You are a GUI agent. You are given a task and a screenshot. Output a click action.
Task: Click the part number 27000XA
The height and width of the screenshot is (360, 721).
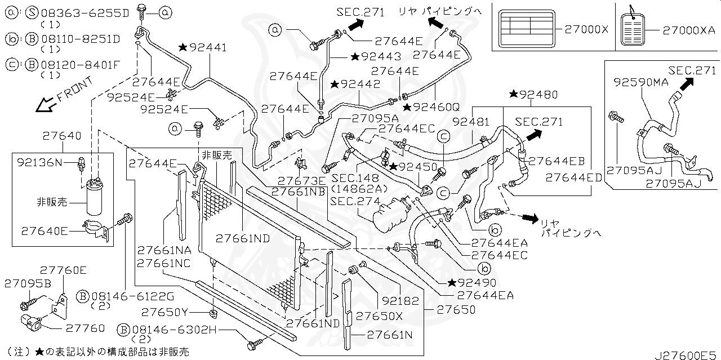pyautogui.click(x=689, y=30)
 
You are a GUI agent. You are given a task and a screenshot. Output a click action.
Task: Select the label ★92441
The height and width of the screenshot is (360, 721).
pyautogui.click(x=203, y=48)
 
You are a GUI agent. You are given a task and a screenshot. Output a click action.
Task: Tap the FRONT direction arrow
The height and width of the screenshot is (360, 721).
pyautogui.click(x=45, y=105)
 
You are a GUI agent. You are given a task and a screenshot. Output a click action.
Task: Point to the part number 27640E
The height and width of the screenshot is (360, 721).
pyautogui.click(x=44, y=231)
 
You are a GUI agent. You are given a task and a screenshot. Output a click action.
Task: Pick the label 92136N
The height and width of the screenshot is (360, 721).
pyautogui.click(x=39, y=162)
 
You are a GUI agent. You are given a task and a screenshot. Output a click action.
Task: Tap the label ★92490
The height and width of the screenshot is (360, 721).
pyautogui.click(x=472, y=283)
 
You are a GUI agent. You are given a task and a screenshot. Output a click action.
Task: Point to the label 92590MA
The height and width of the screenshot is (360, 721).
pyautogui.click(x=641, y=82)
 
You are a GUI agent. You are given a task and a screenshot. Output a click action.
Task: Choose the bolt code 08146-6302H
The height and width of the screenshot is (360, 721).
pyautogui.click(x=174, y=330)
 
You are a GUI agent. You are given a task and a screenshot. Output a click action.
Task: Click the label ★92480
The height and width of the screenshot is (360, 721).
pyautogui.click(x=534, y=94)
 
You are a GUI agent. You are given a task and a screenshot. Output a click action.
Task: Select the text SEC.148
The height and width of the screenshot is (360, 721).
pyautogui.click(x=350, y=178)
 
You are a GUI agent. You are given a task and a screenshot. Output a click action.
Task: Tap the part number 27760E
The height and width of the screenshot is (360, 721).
pyautogui.click(x=63, y=270)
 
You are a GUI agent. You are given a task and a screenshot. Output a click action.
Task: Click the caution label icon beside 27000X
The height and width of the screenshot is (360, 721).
pyautogui.click(x=527, y=29)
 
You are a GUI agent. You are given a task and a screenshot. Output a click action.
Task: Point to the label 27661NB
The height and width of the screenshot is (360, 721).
pyautogui.click(x=298, y=192)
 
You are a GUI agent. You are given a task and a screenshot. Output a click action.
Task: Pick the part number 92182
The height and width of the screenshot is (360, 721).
pyautogui.click(x=400, y=301)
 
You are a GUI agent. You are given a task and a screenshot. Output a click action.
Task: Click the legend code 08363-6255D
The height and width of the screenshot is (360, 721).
pyautogui.click(x=85, y=13)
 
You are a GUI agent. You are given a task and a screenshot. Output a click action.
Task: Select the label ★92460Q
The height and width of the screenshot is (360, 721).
pyautogui.click(x=431, y=107)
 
